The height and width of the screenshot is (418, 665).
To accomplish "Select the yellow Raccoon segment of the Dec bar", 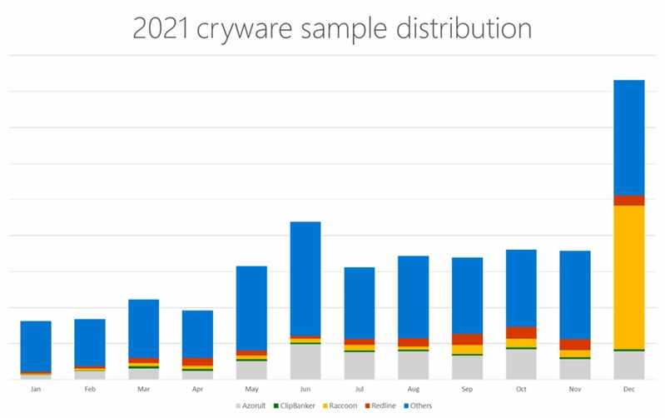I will click(x=629, y=276).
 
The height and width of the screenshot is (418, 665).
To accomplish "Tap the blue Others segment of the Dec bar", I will click(x=629, y=137).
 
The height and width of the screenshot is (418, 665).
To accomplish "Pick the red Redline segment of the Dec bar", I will click(x=629, y=200).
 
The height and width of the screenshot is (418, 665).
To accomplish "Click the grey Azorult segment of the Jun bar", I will click(x=305, y=361).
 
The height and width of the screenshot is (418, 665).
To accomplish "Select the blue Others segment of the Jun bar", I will click(x=305, y=278).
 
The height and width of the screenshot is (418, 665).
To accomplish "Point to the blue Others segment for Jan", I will click(x=36, y=346).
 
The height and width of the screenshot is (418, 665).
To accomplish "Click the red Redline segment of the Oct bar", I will click(x=521, y=332).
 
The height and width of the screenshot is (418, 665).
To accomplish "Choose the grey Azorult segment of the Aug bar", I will click(x=413, y=365).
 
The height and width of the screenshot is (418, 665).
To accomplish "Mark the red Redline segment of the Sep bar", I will click(x=467, y=339).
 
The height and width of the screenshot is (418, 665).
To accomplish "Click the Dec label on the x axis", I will click(x=629, y=389).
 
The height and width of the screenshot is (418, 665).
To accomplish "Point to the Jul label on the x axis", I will click(x=360, y=389).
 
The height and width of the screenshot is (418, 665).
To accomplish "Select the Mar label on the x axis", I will click(x=143, y=389).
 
